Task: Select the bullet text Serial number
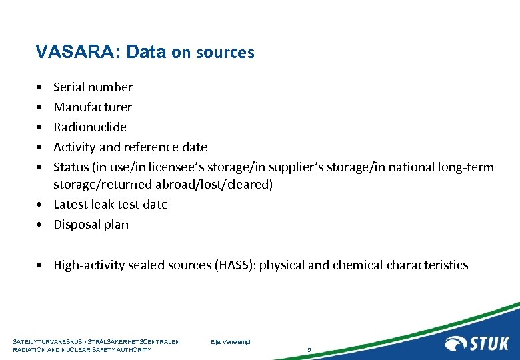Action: pos(93,87)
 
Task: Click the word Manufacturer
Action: pos(93,107)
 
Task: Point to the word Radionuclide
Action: pos(90,127)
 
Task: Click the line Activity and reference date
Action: pos(130,147)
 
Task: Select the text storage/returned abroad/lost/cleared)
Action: pos(163,185)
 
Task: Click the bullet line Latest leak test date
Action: pos(111,205)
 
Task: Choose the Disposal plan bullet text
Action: pos(91,225)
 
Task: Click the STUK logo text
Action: pos(489,343)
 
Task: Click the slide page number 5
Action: pos(309,349)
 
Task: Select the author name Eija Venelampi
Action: pos(229,342)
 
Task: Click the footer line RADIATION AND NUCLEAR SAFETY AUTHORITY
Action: pos(82,350)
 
